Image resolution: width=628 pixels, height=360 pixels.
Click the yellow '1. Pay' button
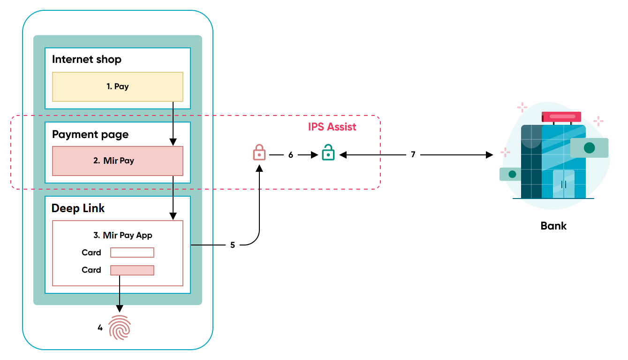117,87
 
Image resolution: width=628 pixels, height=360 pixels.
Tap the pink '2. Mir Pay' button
117,161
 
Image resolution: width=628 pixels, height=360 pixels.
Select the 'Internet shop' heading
87,60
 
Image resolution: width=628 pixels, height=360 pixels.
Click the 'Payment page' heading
90,135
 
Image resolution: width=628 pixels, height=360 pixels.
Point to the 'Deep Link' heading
78,208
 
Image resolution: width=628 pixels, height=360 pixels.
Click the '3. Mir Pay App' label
123,235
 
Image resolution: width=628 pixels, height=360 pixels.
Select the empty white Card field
132,253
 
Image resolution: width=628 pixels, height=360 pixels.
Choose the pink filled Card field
132,270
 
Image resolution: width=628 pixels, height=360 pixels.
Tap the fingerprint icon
120,327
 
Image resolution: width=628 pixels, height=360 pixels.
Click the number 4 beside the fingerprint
100,328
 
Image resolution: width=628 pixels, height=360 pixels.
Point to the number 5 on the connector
233,245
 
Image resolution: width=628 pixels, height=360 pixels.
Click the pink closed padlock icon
259,153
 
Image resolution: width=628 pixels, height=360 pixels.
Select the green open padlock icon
328,153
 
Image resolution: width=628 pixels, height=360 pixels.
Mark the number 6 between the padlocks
291,155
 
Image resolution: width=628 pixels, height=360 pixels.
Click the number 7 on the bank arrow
413,154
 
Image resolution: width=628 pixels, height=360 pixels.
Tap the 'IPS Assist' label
332,127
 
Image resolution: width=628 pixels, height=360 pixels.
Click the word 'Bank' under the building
553,226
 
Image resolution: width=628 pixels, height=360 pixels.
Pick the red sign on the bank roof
561,116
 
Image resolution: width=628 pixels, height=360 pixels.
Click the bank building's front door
563,184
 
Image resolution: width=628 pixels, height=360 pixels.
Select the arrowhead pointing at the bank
490,154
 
